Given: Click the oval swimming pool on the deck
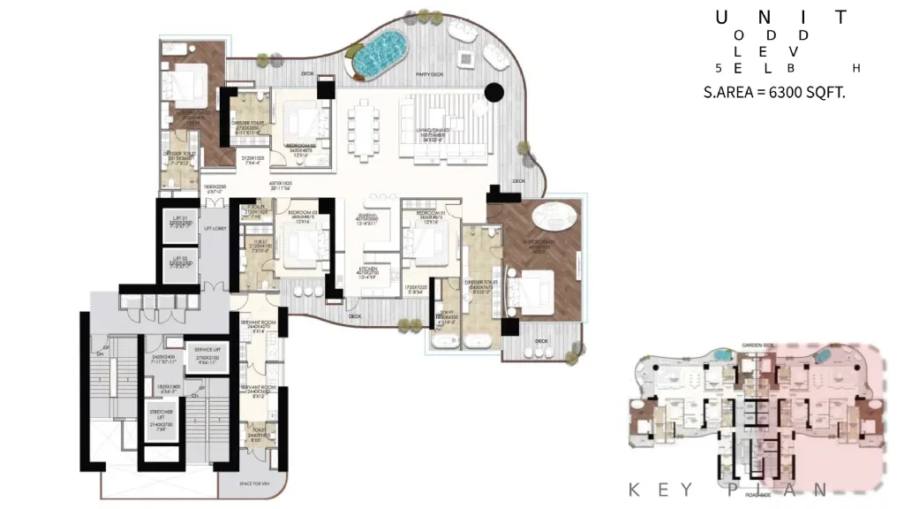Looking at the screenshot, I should click(x=380, y=55).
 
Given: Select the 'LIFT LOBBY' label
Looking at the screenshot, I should click(x=216, y=229).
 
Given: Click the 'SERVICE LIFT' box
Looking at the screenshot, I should click(x=208, y=354).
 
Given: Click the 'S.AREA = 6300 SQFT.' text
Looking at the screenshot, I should click(x=773, y=91).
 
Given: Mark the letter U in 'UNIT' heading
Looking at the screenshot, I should click(x=721, y=17).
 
